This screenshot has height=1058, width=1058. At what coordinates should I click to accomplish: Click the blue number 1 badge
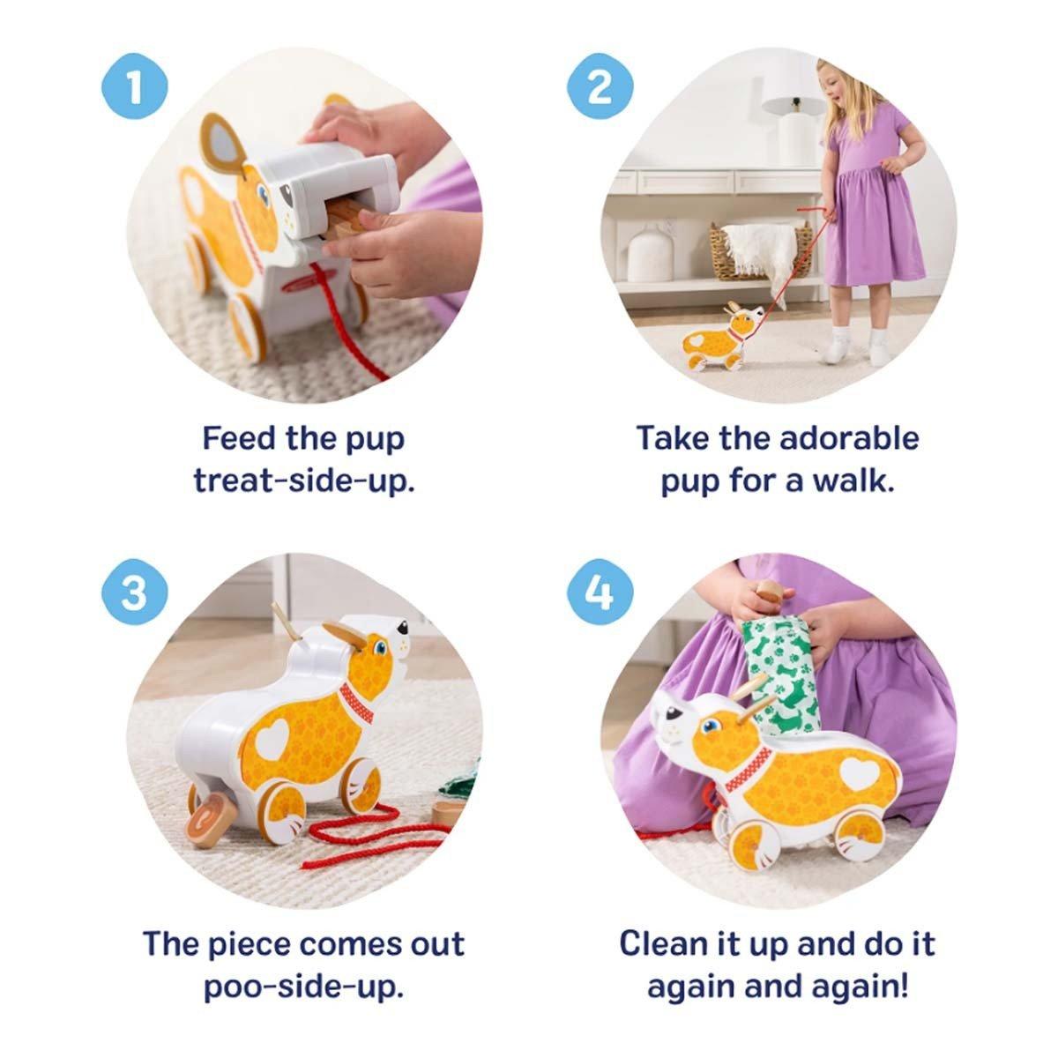tap(135, 86)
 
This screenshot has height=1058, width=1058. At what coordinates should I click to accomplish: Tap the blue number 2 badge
tap(600, 86)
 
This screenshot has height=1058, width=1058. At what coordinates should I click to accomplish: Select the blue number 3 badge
tap(135, 592)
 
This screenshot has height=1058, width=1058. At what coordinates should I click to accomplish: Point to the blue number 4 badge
tap(600, 592)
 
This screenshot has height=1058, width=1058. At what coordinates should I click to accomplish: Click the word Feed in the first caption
tap(239, 438)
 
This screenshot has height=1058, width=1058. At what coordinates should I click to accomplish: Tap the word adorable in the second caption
tap(848, 438)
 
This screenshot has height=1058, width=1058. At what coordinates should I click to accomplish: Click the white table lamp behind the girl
tap(793, 129)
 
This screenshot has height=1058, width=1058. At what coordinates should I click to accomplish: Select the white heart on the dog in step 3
tap(272, 739)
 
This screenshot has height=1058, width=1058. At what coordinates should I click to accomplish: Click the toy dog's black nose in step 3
tap(404, 627)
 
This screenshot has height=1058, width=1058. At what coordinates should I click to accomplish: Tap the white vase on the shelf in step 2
tap(650, 254)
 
